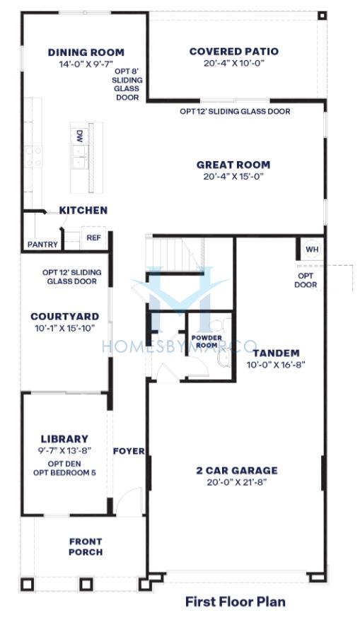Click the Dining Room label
[x=86, y=52]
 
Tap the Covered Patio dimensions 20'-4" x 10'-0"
[x=234, y=63]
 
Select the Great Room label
[x=233, y=165]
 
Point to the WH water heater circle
[x=312, y=250]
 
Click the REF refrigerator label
[x=94, y=238]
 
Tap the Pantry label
[x=42, y=245]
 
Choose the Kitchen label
[x=83, y=211]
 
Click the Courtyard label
[x=65, y=316]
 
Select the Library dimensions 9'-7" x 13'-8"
[x=64, y=450]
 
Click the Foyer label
[x=129, y=451]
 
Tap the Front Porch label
[x=86, y=547]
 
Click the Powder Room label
[x=207, y=341]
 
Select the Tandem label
[x=276, y=353]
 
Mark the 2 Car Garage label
[x=236, y=471]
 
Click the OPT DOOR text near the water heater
[x=306, y=281]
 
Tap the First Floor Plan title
[x=236, y=602]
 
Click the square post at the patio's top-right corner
[x=323, y=16]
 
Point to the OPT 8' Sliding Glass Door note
[x=127, y=85]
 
